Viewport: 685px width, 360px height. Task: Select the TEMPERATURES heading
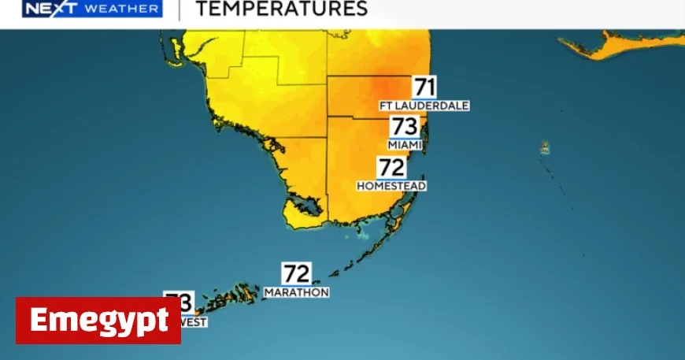pos(281,9)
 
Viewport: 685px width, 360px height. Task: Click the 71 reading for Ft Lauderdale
pos(424,87)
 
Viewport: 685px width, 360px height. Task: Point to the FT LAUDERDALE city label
pos(424,106)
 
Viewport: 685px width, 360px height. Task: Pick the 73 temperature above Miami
pos(404,126)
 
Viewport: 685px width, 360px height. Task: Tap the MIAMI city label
pos(405,145)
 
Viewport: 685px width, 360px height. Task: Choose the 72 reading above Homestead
pos(391,167)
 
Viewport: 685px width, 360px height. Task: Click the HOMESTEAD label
pos(391,186)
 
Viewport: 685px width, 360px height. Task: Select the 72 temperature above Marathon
pos(296,273)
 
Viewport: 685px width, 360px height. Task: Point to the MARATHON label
pos(296,292)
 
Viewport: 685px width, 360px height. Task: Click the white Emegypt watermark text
pos(98,321)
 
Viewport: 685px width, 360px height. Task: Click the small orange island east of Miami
pos(545,147)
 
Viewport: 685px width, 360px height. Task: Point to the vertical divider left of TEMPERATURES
pos(179,9)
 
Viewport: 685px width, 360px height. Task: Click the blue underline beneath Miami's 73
pos(405,138)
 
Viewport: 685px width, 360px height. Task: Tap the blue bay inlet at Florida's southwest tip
pos(310,206)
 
